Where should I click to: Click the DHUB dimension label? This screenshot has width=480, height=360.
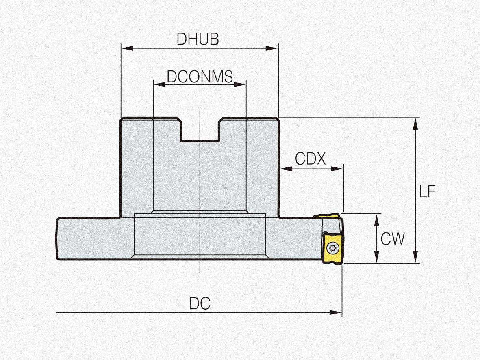[x=198, y=39]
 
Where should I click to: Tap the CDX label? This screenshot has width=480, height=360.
[x=311, y=158]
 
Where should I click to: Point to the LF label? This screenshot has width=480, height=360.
[x=427, y=191]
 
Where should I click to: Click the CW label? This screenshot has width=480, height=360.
[x=393, y=239]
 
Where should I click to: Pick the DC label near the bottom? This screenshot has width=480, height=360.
[x=200, y=304]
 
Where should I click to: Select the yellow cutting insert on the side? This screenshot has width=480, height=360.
[x=332, y=248]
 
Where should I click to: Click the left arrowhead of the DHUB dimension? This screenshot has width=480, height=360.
[x=128, y=48]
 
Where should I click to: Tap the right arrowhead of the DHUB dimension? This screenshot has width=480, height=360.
[x=272, y=48]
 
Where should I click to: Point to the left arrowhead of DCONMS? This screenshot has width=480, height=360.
[x=160, y=84]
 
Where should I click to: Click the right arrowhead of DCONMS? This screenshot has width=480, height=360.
[x=240, y=84]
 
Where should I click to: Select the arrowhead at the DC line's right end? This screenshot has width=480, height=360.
[x=335, y=312]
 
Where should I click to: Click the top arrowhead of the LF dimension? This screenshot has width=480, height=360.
[x=415, y=124]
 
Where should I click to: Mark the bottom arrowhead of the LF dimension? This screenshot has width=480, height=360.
[x=415, y=256]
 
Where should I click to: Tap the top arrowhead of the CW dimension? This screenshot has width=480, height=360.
[x=377, y=220]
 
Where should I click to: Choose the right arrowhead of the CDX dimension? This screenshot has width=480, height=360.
[x=337, y=168]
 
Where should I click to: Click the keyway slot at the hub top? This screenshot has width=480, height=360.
[x=200, y=130]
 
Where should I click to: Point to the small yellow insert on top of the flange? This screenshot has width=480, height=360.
[x=326, y=217]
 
